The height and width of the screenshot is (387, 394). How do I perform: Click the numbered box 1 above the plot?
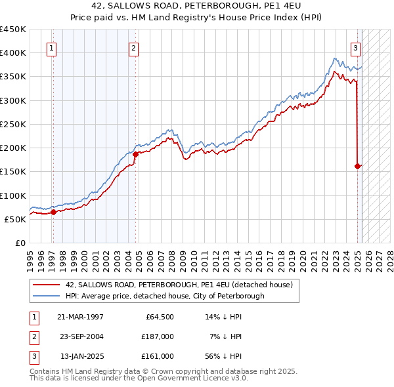51,47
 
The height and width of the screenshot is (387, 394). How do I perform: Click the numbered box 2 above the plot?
133,47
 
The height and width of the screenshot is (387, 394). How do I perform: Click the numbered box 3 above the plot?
355,47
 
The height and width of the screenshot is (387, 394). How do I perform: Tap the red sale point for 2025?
358,166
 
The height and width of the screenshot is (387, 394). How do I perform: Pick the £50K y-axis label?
16,219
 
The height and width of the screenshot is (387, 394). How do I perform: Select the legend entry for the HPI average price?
165,296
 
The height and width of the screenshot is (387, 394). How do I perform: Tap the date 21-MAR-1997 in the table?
80,317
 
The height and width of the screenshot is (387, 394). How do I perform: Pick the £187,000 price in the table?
158,336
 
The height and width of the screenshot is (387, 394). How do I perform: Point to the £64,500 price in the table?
158,317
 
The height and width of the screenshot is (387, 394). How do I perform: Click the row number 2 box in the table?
32,336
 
